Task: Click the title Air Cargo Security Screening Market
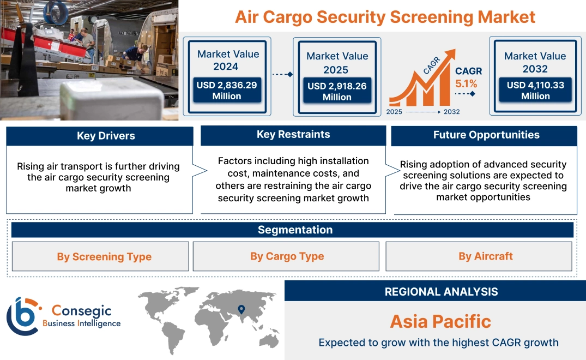click(x=385, y=16)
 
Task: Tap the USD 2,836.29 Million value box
click(x=226, y=91)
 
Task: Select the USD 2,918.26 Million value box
click(x=337, y=91)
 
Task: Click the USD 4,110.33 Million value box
click(x=535, y=91)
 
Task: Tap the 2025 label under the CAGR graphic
click(x=395, y=112)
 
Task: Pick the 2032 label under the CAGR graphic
click(x=451, y=112)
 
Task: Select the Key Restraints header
click(x=293, y=135)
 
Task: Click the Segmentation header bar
click(x=295, y=230)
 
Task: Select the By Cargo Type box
click(x=287, y=256)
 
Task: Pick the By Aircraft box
click(x=485, y=256)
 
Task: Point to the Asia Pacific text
click(x=440, y=321)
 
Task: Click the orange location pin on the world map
click(x=240, y=310)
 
